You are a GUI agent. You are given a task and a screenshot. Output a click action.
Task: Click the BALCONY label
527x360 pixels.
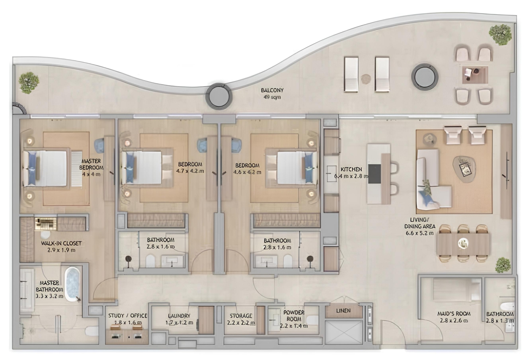(x=272, y=90)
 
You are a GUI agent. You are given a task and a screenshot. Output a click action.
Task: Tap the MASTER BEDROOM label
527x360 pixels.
(x=91, y=164)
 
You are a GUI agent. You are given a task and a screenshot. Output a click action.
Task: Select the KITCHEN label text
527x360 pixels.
(x=351, y=170)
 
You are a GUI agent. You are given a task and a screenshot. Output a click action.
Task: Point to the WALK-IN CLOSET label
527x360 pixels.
(x=61, y=243)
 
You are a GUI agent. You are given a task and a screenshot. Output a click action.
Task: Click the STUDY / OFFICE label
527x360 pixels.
(x=128, y=316)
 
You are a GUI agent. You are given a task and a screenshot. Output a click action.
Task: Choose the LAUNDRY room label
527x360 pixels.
(x=179, y=316)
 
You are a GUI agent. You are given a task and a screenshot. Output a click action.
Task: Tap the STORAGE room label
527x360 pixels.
(x=241, y=316)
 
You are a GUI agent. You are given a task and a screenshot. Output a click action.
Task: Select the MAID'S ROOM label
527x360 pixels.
(x=454, y=314)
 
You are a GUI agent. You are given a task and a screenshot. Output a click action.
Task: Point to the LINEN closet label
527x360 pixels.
(x=343, y=311)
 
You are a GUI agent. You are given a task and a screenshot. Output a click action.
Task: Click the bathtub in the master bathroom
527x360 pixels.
(x=72, y=285)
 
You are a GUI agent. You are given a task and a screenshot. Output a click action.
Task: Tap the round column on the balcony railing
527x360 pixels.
(x=218, y=96)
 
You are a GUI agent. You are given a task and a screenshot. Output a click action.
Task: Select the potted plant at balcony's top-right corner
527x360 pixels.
(x=500, y=34)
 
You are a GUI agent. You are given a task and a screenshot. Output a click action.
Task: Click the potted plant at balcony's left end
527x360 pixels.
(x=29, y=82)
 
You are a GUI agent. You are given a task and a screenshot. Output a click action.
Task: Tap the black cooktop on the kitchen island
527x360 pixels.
(x=374, y=173)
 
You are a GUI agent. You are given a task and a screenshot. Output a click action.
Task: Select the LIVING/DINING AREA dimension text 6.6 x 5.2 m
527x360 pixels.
(x=419, y=233)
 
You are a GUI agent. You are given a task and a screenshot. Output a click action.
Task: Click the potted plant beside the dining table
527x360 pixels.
(x=503, y=265)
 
